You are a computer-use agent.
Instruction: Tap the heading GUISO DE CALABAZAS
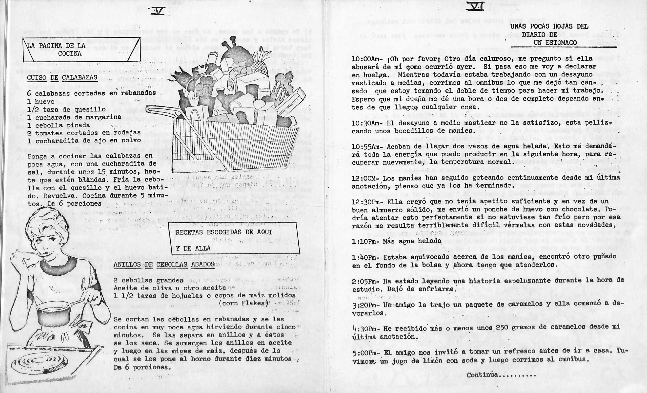point(62,78)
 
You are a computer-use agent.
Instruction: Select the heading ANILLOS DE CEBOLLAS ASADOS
point(164,264)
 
